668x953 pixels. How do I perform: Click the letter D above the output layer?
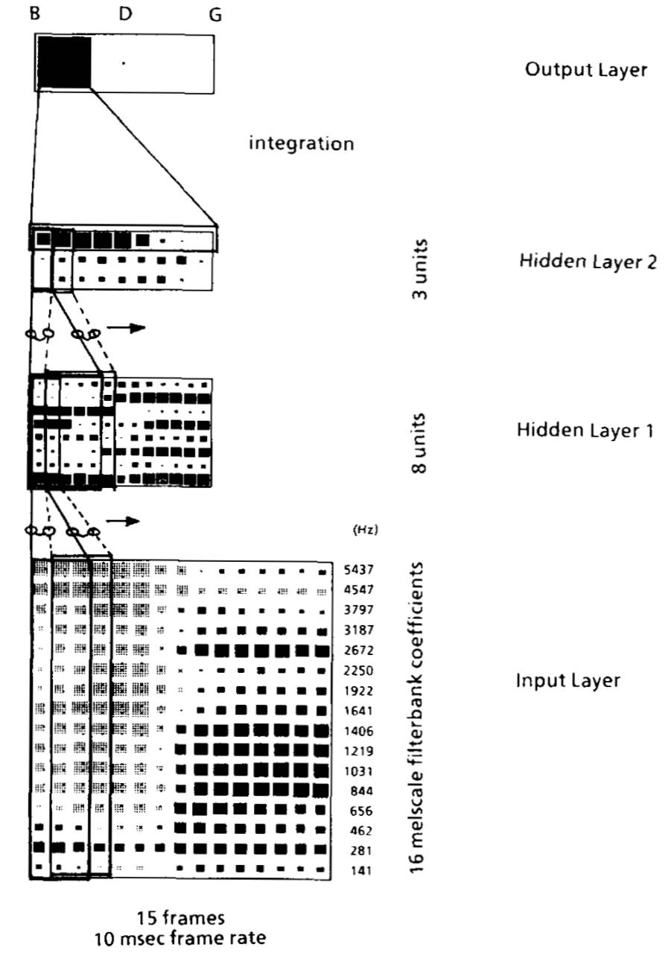pos(124,14)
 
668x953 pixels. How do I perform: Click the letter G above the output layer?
pos(214,15)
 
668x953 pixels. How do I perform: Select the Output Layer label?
pos(585,70)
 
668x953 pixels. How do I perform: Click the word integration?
pos(301,143)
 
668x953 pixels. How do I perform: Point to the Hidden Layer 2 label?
pos(587,262)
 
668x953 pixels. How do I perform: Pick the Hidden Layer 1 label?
pos(585,431)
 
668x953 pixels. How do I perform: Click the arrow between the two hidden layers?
pos(124,328)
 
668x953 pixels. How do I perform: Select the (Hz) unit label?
pos(365,531)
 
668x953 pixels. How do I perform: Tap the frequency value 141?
pos(359,870)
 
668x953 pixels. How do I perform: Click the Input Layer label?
pos(568,681)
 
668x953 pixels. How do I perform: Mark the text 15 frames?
pos(182,916)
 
